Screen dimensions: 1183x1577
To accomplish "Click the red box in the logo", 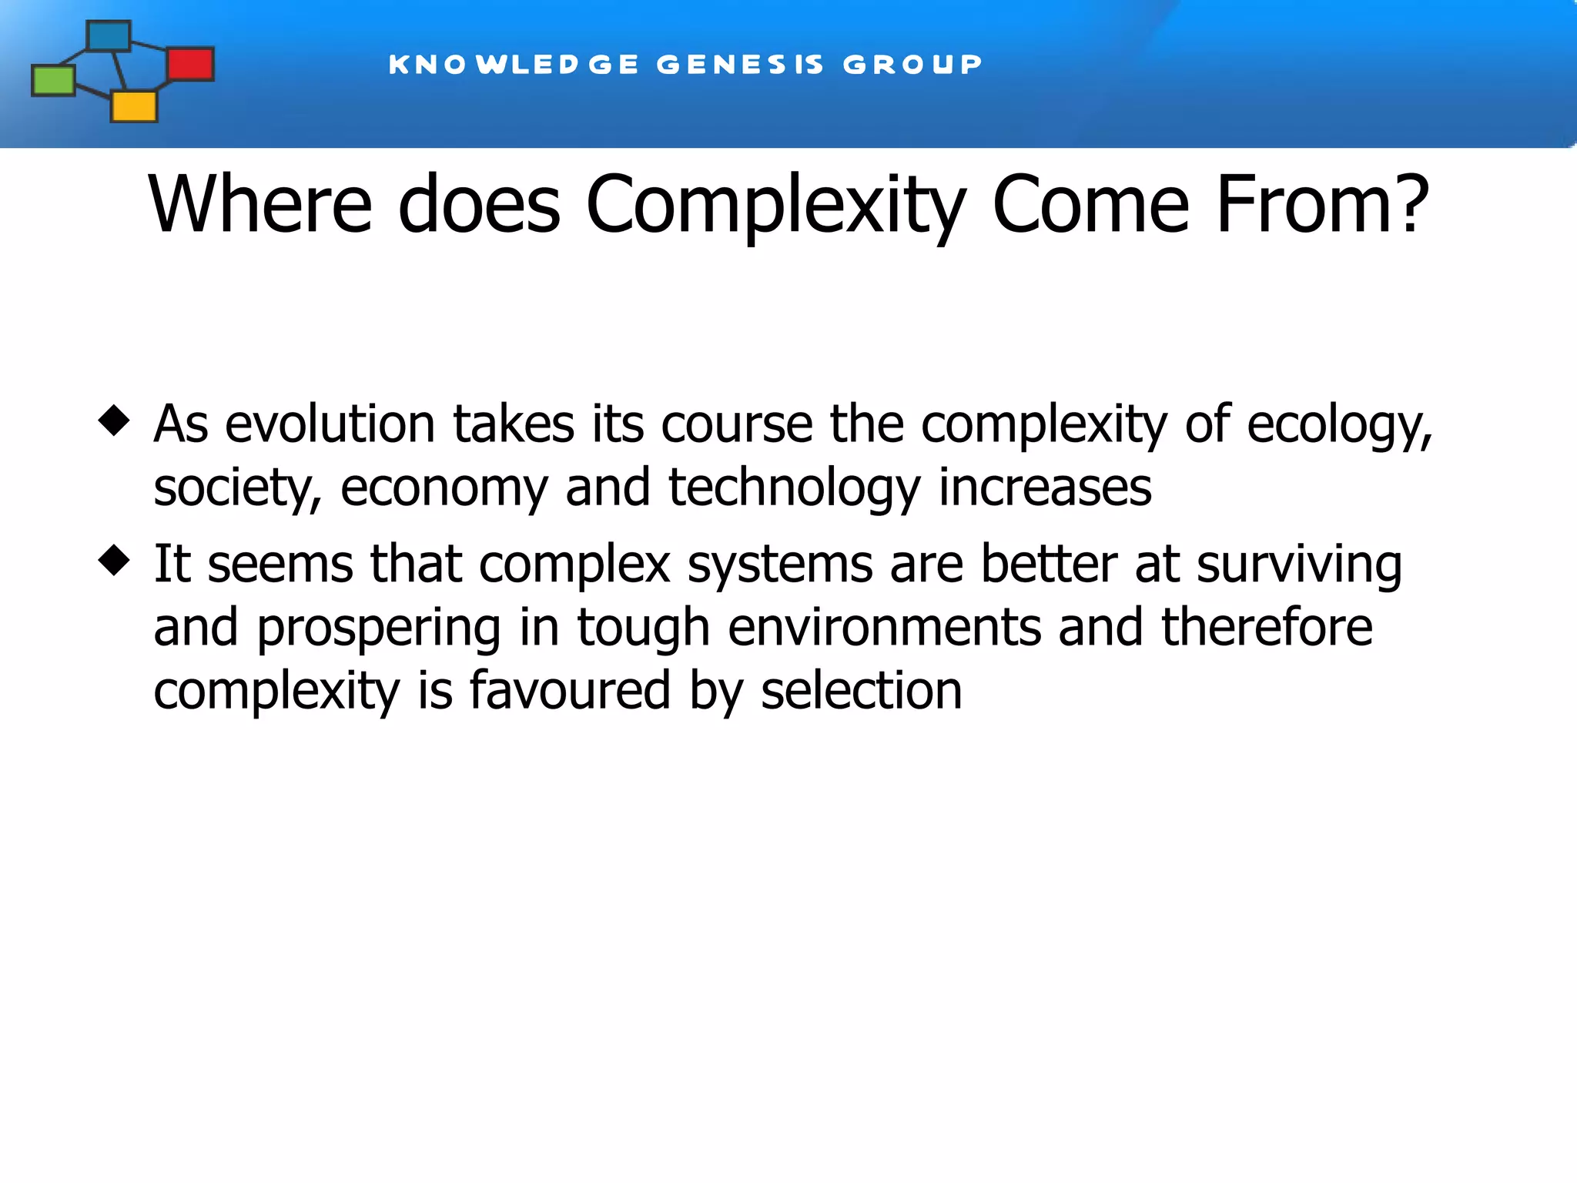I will tap(190, 64).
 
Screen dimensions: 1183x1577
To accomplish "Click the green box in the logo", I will tap(53, 80).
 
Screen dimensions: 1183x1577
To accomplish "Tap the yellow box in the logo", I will tap(134, 106).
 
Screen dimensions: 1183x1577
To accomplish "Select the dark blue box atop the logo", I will tap(109, 36).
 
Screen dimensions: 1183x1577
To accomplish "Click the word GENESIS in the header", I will tap(740, 64).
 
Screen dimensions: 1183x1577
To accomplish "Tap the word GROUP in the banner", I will tap(912, 64).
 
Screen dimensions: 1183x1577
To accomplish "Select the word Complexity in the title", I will tap(775, 206).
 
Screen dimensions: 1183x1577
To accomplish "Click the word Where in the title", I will tap(260, 204).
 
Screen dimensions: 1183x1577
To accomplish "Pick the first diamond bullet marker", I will tap(114, 421).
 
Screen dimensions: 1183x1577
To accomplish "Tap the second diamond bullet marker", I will tap(114, 560).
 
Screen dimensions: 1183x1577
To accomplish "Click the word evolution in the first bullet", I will tap(330, 424).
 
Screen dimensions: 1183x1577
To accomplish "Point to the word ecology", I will tap(1338, 426).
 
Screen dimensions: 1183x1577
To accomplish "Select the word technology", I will tap(794, 489).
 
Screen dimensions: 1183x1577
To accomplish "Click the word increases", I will tap(1045, 488).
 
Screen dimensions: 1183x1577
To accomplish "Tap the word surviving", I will tap(1299, 565).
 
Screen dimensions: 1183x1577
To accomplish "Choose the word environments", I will tap(884, 628).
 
